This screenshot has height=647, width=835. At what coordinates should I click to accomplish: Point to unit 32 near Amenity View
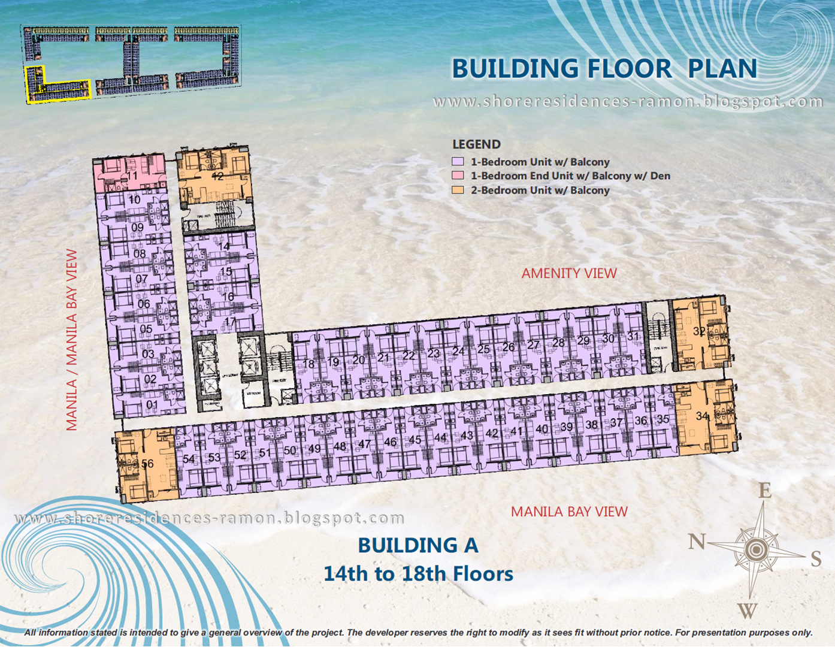click(x=699, y=331)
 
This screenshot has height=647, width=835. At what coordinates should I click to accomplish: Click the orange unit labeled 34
click(x=702, y=416)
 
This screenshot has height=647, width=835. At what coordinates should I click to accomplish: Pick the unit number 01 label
click(x=152, y=405)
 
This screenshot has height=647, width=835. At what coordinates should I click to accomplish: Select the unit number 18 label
click(x=308, y=364)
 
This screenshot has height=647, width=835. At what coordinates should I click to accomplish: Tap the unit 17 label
click(x=230, y=322)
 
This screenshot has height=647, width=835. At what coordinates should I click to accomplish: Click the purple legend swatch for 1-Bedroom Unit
click(x=458, y=162)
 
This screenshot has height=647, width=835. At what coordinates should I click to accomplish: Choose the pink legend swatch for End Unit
click(x=458, y=176)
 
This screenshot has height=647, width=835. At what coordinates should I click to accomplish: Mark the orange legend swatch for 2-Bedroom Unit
click(x=458, y=190)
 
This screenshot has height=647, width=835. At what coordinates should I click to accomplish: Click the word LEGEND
click(x=476, y=144)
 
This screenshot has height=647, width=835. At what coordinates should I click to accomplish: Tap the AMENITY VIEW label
click(x=568, y=273)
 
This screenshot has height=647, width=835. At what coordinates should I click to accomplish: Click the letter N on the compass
click(x=697, y=542)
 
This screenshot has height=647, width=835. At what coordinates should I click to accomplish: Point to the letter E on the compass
click(x=765, y=491)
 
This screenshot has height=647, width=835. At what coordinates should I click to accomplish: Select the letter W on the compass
click(x=747, y=610)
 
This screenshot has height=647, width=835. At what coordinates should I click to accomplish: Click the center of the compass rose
click(x=757, y=549)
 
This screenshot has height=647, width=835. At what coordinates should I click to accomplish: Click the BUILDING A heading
click(x=418, y=545)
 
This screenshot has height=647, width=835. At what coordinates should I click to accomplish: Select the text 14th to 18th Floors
click(x=418, y=574)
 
